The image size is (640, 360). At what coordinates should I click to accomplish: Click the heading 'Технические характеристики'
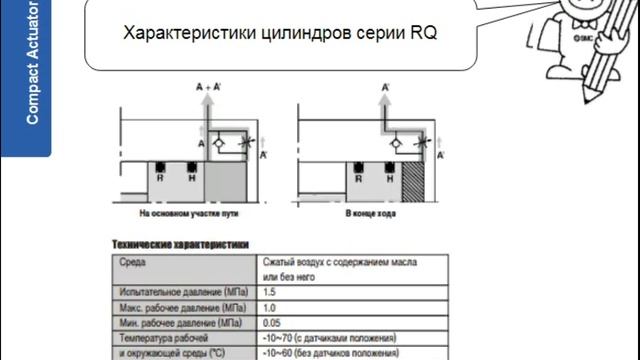[180, 244]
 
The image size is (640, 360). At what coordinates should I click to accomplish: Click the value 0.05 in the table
[271, 322]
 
